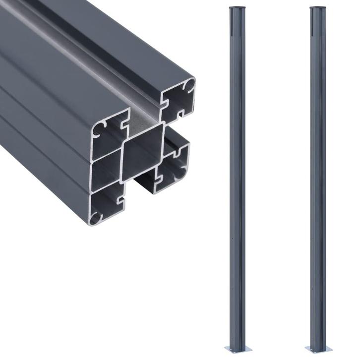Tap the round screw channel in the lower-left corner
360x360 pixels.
tap(98, 217)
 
